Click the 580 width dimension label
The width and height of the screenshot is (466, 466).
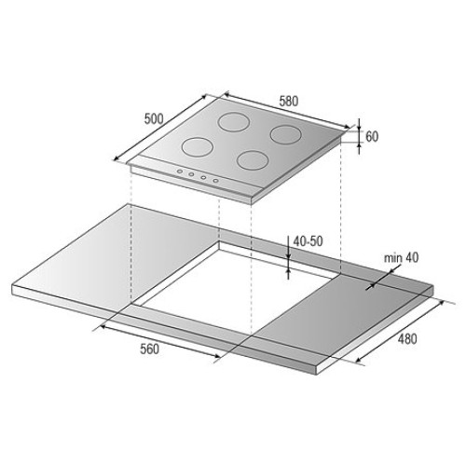click(289, 102)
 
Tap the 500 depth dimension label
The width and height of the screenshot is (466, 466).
click(154, 118)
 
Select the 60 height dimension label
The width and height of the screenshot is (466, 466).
click(372, 136)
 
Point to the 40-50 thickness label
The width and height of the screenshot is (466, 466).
click(308, 241)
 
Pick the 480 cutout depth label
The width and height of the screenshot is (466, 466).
click(407, 339)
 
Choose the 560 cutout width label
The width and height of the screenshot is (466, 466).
click(149, 349)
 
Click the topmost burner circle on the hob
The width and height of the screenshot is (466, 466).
click(234, 121)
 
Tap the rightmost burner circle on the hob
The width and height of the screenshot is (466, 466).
click(286, 134)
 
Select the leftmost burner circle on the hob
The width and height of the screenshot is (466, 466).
click(198, 147)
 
